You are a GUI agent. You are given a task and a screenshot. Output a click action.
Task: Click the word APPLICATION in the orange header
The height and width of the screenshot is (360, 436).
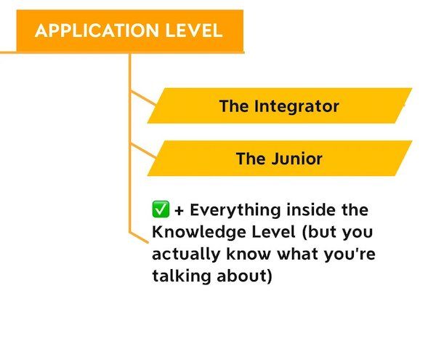pyautogui.click(x=97, y=31)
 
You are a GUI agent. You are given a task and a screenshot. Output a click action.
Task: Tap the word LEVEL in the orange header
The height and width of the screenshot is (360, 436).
pyautogui.click(x=194, y=31)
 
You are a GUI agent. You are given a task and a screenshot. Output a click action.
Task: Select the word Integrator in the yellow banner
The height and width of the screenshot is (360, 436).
pyautogui.click(x=296, y=106)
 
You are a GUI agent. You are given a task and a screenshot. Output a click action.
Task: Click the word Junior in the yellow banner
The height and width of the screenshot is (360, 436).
pyautogui.click(x=297, y=159)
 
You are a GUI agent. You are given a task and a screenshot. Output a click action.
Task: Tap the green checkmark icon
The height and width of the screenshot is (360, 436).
pyautogui.click(x=161, y=209)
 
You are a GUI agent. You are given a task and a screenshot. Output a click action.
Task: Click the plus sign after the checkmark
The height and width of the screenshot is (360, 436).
pyautogui.click(x=179, y=211)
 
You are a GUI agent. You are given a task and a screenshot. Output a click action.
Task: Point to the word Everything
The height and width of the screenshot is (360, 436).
pyautogui.click(x=235, y=210)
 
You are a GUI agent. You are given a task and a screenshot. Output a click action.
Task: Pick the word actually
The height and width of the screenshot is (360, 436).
pyautogui.click(x=186, y=255)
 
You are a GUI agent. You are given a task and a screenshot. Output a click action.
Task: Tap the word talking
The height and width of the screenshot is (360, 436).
pyautogui.click(x=182, y=276)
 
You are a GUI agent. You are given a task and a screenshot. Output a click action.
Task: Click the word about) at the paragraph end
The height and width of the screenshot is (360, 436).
pyautogui.click(x=244, y=276)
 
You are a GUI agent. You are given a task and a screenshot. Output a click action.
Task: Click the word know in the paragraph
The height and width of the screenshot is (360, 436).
pyautogui.click(x=249, y=254)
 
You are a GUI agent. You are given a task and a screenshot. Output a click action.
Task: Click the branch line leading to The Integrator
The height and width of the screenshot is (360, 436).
pyautogui.click(x=143, y=97)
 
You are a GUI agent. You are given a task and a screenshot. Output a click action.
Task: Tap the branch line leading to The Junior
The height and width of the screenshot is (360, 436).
pyautogui.click(x=143, y=151)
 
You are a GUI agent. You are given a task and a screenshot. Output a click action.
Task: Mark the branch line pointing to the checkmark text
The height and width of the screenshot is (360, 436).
pyautogui.click(x=139, y=237)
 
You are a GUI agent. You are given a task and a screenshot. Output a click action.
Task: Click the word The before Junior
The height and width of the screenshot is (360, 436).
pyautogui.click(x=251, y=159)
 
